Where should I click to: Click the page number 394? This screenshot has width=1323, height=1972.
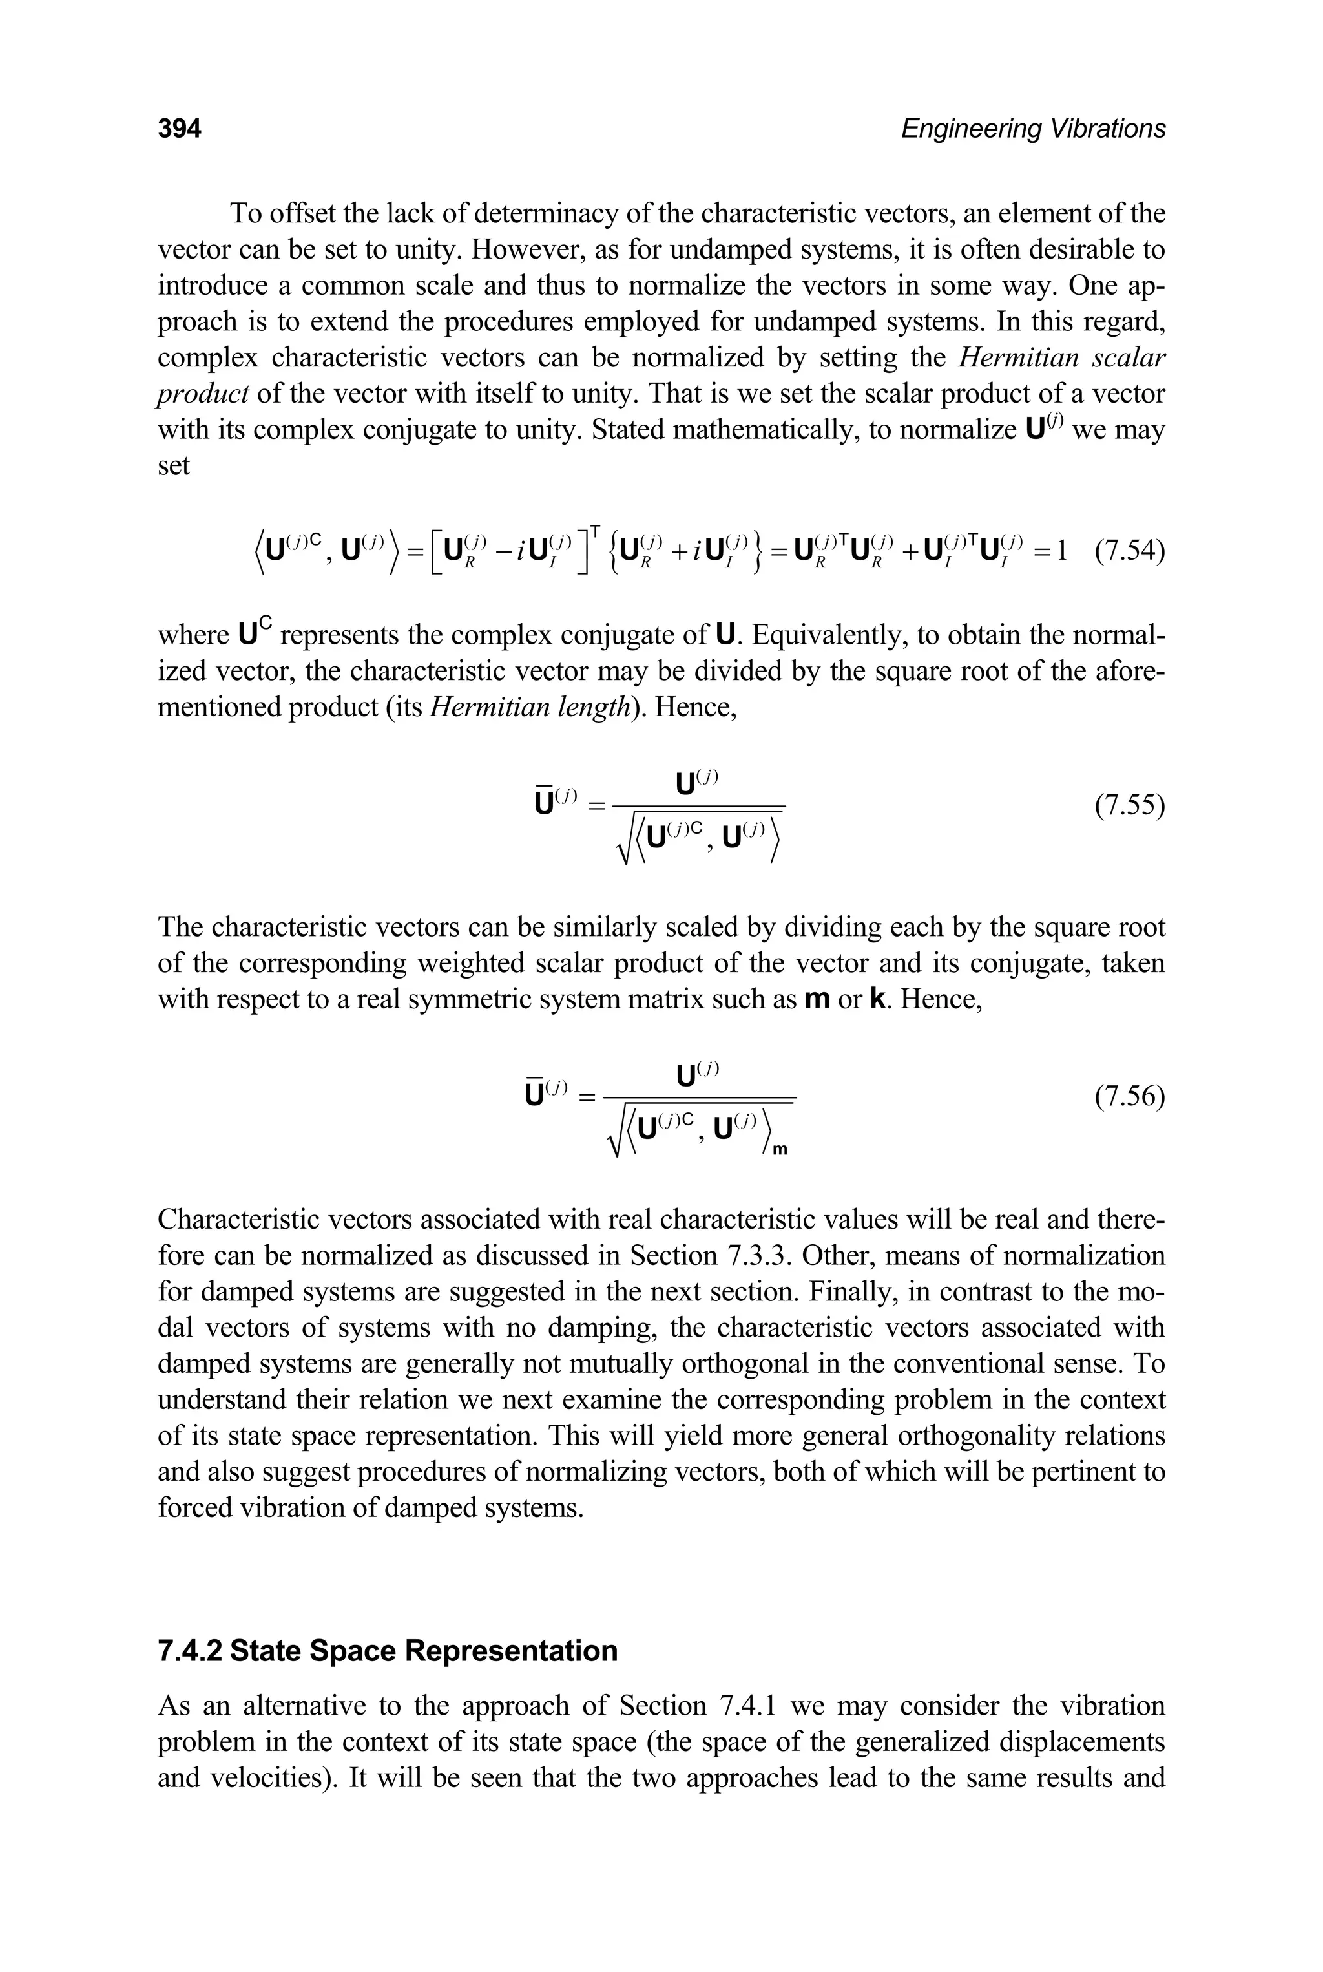pos(180,129)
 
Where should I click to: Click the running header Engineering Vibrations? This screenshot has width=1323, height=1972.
pos(1033,129)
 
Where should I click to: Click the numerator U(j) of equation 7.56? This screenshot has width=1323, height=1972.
pos(697,1073)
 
